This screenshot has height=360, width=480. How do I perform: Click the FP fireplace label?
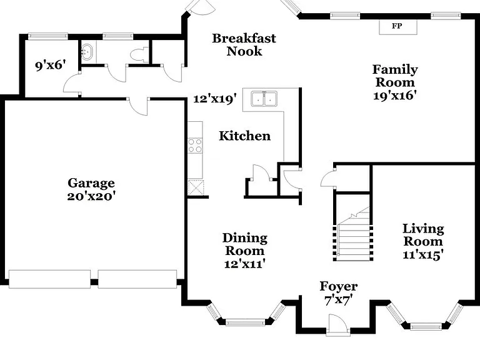tap(397, 26)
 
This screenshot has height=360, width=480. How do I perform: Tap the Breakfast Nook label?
tap(244, 45)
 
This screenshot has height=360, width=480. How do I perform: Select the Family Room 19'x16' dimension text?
tap(395, 96)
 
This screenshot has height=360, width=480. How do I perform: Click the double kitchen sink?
tap(264, 99)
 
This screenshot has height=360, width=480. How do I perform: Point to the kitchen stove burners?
tap(195, 146)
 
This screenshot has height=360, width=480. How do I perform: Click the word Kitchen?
tap(244, 136)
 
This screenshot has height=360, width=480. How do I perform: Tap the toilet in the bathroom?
tap(139, 54)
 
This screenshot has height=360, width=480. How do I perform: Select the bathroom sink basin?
tap(87, 52)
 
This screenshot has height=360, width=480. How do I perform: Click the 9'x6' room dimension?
tap(51, 65)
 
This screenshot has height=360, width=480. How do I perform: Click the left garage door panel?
tap(49, 279)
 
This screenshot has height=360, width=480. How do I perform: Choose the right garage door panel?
tap(137, 279)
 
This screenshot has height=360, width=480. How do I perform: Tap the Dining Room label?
tap(244, 244)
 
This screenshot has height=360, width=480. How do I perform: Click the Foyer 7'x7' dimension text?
tap(339, 300)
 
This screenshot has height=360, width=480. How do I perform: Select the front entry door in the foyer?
tap(337, 323)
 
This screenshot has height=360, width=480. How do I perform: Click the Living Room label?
tap(423, 235)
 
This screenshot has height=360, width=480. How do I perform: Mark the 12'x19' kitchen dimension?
tap(215, 99)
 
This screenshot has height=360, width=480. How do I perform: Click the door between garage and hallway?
tap(138, 106)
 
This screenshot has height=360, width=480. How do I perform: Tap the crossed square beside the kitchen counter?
tap(195, 187)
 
